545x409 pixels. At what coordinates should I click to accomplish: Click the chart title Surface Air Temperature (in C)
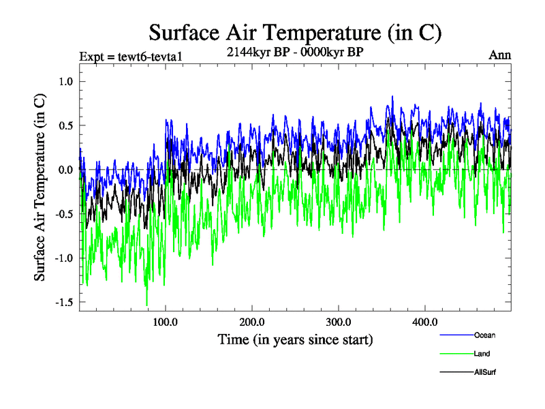[295, 32]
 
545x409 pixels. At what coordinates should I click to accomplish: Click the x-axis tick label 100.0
[166, 322]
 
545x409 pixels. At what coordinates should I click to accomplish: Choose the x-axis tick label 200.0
[252, 322]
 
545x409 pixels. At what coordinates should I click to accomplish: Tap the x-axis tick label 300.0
[339, 322]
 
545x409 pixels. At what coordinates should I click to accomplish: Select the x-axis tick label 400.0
[424, 322]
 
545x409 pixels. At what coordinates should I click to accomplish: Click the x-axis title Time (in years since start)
[295, 339]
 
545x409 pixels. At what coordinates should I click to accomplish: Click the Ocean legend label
[484, 335]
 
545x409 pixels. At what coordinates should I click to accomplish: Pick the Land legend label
[481, 354]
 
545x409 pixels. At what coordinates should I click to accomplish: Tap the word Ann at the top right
[500, 55]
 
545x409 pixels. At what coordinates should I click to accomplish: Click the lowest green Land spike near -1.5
[146, 305]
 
